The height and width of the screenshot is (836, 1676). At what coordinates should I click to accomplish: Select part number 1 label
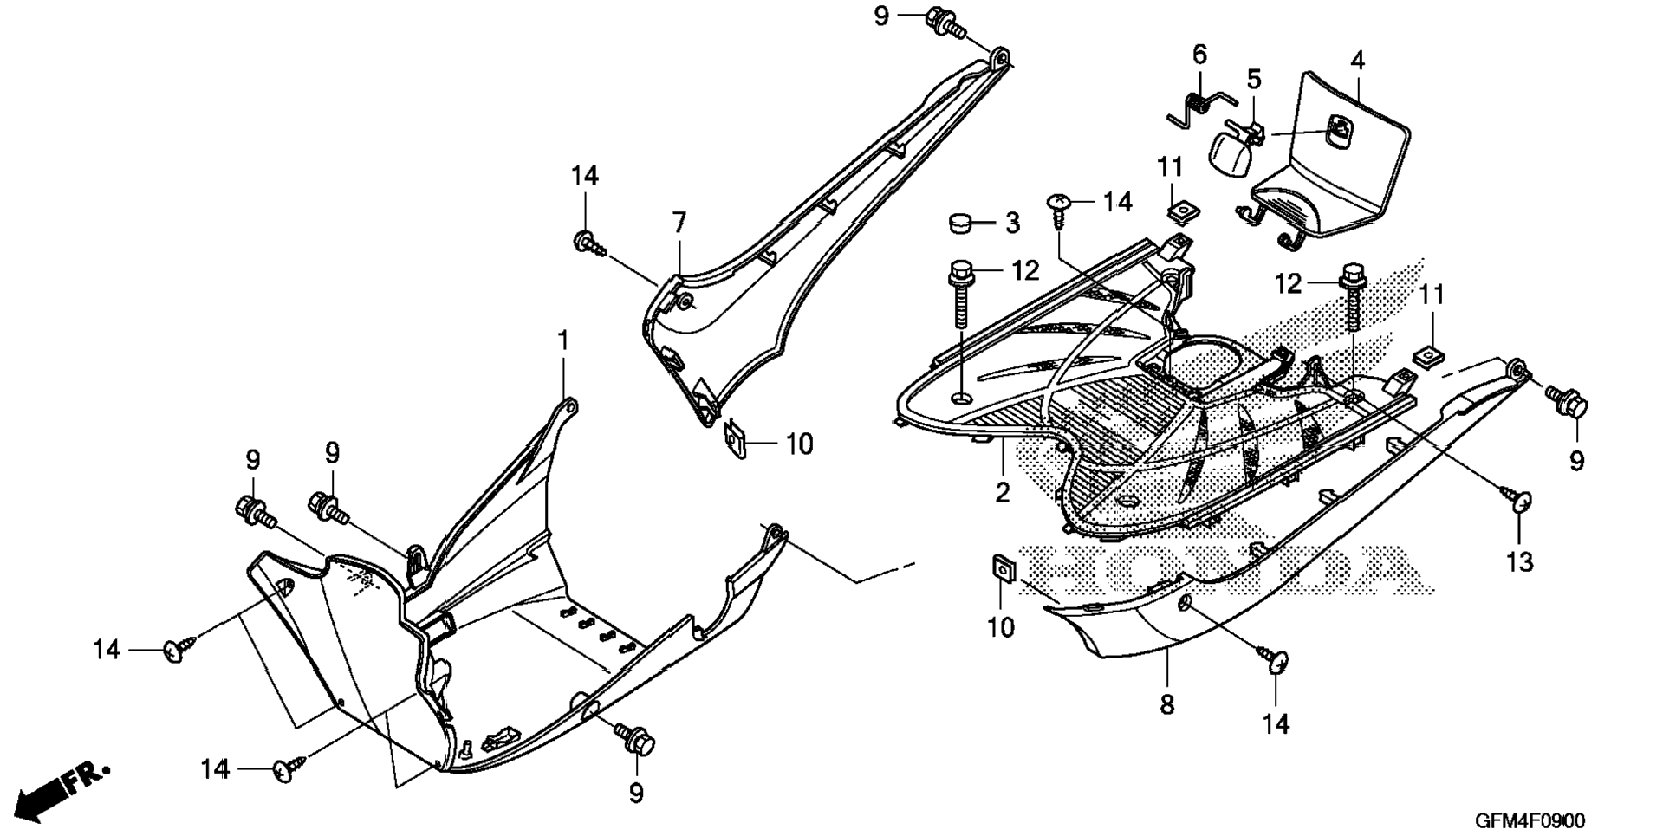click(563, 340)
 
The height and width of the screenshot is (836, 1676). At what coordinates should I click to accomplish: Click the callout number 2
click(1002, 493)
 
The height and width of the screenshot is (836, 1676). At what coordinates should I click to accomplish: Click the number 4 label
click(1357, 61)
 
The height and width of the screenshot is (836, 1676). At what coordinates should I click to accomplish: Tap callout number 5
click(1253, 80)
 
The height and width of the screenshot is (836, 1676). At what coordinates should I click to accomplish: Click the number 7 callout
click(679, 223)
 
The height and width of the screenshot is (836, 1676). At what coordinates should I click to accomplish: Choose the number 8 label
click(1166, 705)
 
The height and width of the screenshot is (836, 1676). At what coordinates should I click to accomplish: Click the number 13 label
click(1520, 562)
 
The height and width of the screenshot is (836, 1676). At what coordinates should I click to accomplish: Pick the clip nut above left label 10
click(736, 439)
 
